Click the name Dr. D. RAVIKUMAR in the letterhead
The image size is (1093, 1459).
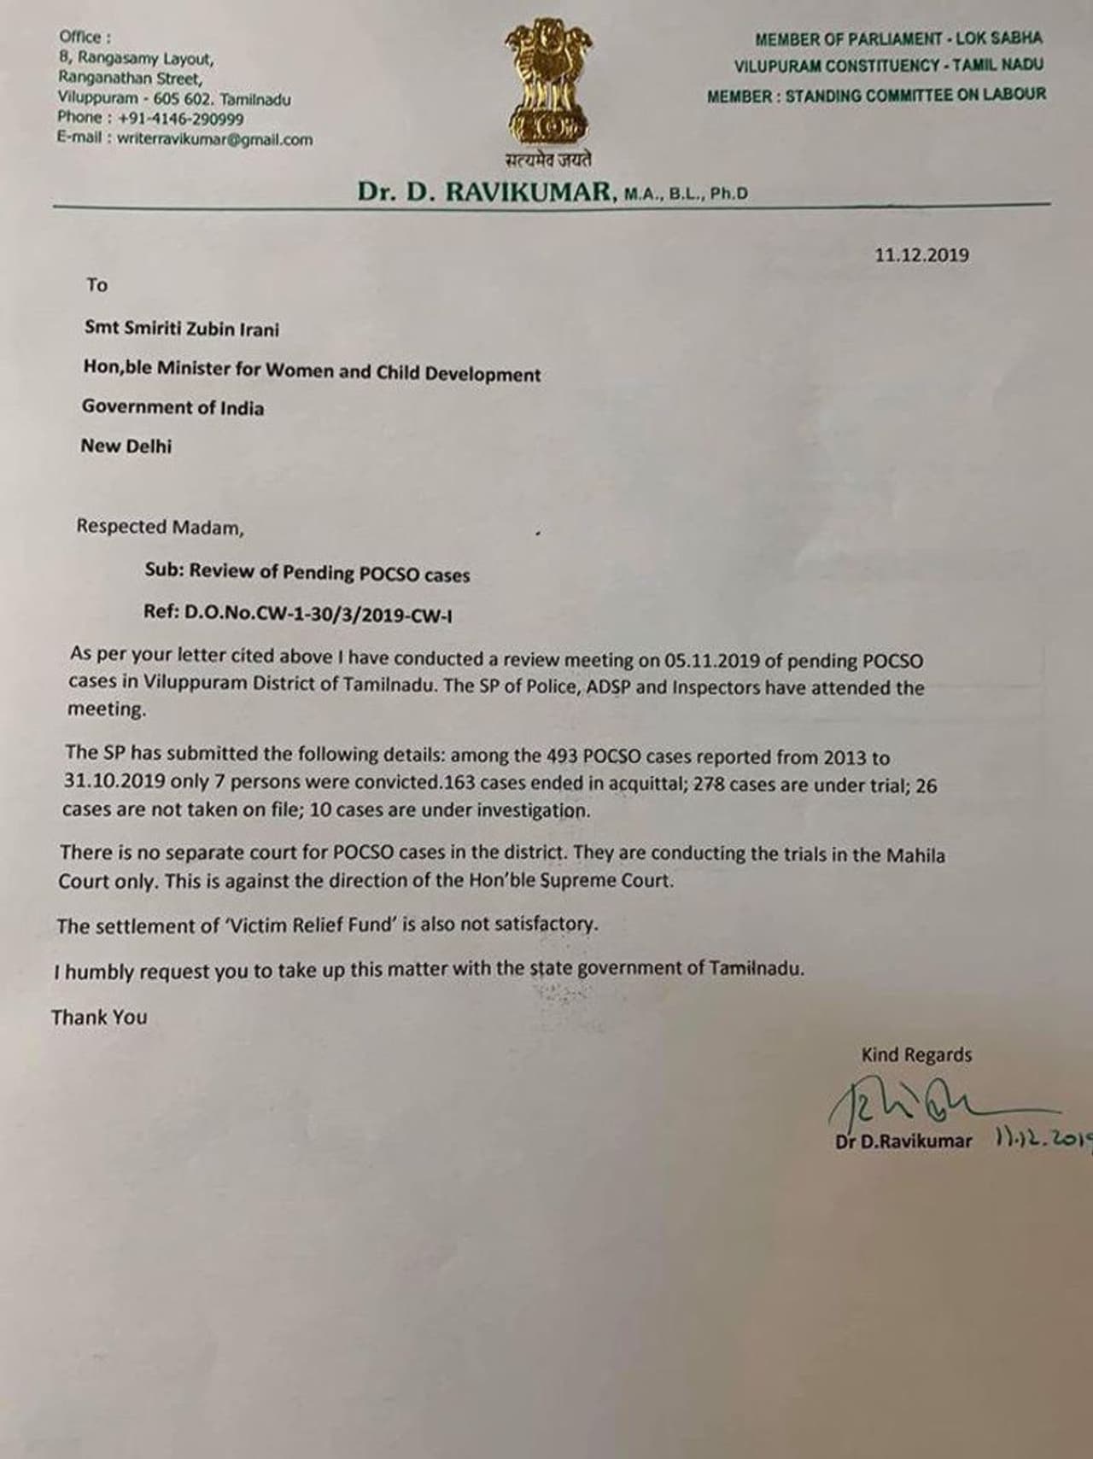point(485,192)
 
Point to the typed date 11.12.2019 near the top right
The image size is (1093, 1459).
point(921,254)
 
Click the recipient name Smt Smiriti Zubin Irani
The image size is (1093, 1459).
point(181,330)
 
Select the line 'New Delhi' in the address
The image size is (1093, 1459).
point(126,446)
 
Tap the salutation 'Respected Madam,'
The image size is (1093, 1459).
point(160,528)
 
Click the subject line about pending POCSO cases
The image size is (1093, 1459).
point(307,573)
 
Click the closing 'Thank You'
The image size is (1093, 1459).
point(99,1018)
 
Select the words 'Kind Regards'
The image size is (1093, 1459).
point(916,1055)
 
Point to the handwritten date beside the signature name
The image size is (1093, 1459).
point(1043,1139)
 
